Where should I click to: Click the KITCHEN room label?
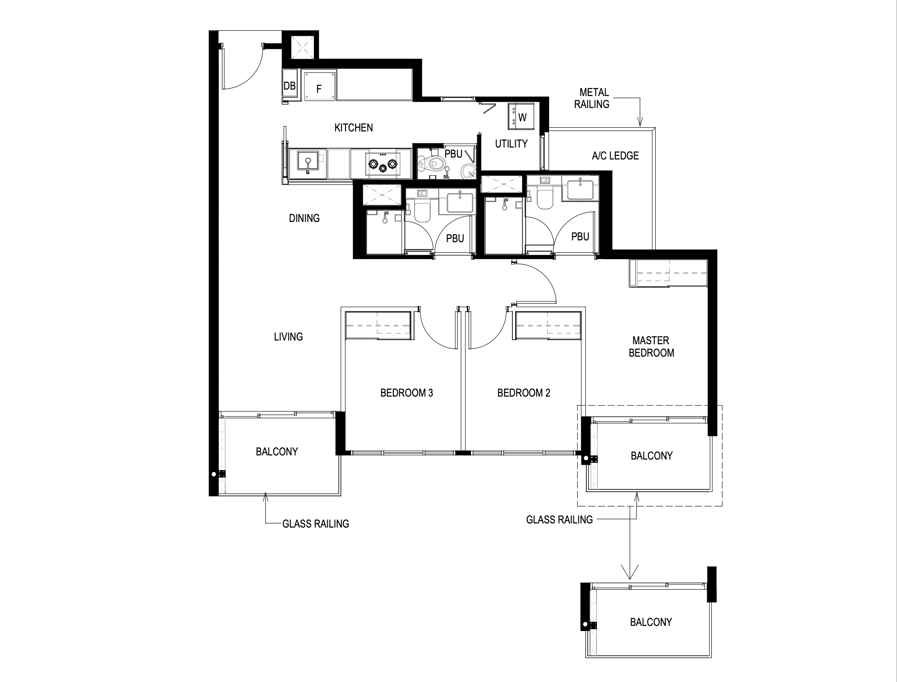(x=353, y=128)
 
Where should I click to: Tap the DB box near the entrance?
(x=290, y=86)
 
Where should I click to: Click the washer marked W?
(x=518, y=116)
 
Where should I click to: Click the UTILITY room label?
(x=511, y=144)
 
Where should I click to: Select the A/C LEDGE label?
(x=615, y=156)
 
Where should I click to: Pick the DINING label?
(x=304, y=218)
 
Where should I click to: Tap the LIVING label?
(x=289, y=337)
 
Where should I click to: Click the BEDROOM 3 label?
(x=407, y=393)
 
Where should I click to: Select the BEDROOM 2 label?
(x=524, y=393)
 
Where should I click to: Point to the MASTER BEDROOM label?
(x=651, y=347)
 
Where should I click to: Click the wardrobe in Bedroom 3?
(x=378, y=326)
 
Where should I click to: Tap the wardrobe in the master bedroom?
(x=668, y=273)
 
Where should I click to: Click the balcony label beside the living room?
(x=277, y=452)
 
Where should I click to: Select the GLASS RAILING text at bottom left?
(x=316, y=524)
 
